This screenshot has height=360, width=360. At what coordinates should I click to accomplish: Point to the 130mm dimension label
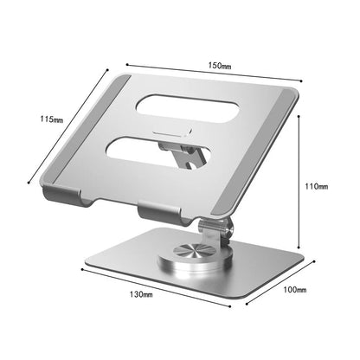(141, 295)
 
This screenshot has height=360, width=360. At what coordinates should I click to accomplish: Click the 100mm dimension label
(294, 289)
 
